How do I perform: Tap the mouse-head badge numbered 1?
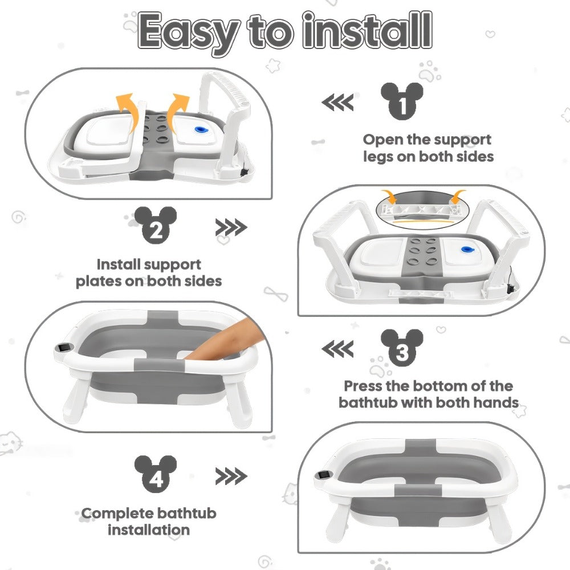click(x=402, y=101)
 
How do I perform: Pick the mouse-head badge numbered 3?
click(x=402, y=348)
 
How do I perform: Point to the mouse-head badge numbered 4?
click(x=156, y=474)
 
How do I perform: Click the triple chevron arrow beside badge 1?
click(x=337, y=102)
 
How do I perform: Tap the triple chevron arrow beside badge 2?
click(x=231, y=227)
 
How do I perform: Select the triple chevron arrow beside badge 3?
click(x=337, y=349)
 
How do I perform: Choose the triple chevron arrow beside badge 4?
click(x=231, y=476)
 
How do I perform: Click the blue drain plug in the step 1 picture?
click(x=200, y=130)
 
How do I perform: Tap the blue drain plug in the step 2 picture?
click(x=466, y=250)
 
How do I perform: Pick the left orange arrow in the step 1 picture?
click(x=128, y=112)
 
